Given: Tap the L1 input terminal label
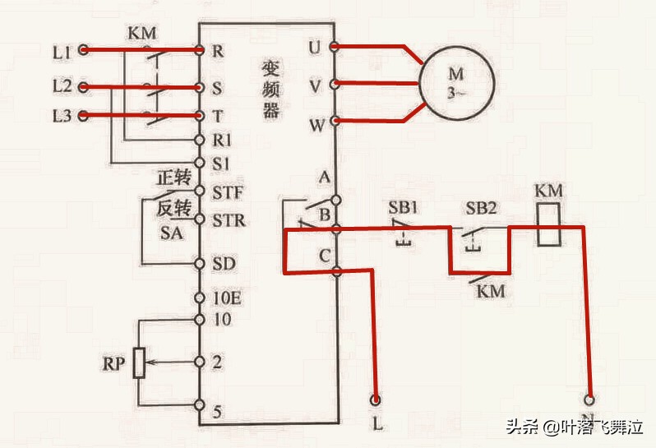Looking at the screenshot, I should pyautogui.click(x=62, y=51).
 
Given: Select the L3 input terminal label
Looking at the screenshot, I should pyautogui.click(x=62, y=116).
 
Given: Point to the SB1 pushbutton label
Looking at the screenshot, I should pyautogui.click(x=403, y=206).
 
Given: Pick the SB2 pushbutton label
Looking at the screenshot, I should pyautogui.click(x=481, y=206).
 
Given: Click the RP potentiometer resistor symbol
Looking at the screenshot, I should pyautogui.click(x=140, y=361).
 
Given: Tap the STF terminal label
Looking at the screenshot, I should pyautogui.click(x=228, y=194).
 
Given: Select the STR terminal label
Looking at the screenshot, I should pyautogui.click(x=228, y=220).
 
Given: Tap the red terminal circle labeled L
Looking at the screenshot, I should pyautogui.click(x=377, y=400).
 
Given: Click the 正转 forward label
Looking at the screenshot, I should pyautogui.click(x=173, y=178).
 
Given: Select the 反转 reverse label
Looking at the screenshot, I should pyautogui.click(x=173, y=208).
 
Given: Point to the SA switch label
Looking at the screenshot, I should pyautogui.click(x=170, y=233).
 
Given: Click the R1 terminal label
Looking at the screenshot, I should pyautogui.click(x=222, y=141).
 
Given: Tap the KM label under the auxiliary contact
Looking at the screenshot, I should pyautogui.click(x=492, y=291).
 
